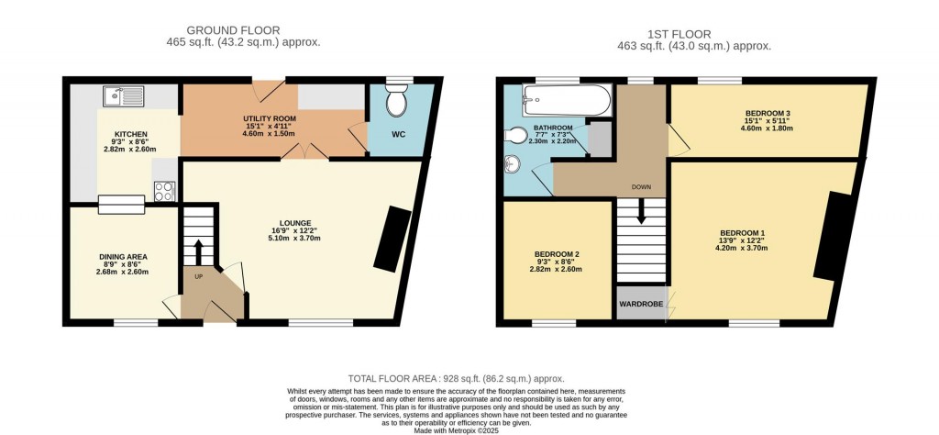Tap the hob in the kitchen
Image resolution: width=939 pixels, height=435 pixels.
(x=165, y=191)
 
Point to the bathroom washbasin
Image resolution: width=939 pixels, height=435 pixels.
(x=513, y=166)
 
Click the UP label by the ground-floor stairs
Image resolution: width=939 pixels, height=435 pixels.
(x=197, y=275)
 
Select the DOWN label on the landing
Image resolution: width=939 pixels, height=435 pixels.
(x=641, y=187)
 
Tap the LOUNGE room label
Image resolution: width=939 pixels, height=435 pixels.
(x=296, y=223)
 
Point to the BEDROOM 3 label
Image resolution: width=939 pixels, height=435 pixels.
(x=768, y=114)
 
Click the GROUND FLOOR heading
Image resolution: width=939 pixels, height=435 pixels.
(x=233, y=30)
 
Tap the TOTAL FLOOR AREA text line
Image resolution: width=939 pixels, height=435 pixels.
(x=456, y=378)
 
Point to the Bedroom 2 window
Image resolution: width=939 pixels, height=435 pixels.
(x=554, y=323)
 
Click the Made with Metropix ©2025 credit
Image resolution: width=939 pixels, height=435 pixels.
(x=456, y=429)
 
